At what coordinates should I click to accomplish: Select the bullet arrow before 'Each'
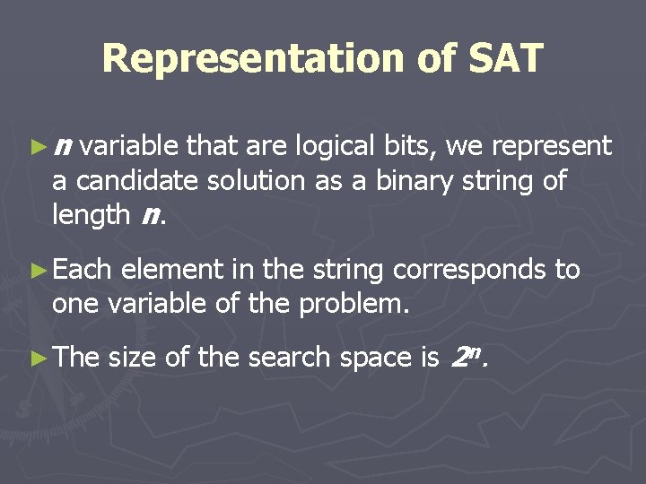[x=39, y=270]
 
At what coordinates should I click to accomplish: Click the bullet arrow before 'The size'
[x=39, y=358]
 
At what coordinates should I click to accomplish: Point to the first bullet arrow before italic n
[x=39, y=146]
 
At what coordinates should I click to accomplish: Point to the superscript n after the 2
[x=475, y=351]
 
